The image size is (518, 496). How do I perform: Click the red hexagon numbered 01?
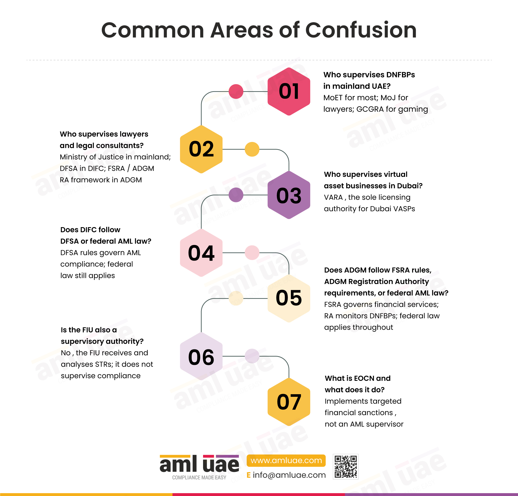(289, 91)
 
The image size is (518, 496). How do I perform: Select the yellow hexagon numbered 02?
(201, 149)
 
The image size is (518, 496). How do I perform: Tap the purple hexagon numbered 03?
(289, 195)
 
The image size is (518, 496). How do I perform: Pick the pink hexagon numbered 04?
(201, 253)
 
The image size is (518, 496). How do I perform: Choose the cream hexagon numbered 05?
(289, 298)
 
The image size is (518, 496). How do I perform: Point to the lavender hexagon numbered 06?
(201, 356)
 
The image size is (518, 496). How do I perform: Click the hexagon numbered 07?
(289, 402)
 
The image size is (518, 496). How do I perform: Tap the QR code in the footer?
(346, 467)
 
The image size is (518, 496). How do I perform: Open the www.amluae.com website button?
(286, 461)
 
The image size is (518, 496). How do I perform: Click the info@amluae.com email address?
(289, 475)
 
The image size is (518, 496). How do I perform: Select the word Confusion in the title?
(361, 30)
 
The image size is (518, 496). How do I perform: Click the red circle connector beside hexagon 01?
(236, 91)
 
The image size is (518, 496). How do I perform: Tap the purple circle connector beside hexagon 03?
(236, 195)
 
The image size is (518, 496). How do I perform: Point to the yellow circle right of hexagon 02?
(252, 149)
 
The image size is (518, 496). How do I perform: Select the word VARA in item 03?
(333, 197)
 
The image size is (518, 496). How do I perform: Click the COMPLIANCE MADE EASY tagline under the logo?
(199, 478)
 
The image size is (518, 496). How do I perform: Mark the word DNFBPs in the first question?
(401, 75)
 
